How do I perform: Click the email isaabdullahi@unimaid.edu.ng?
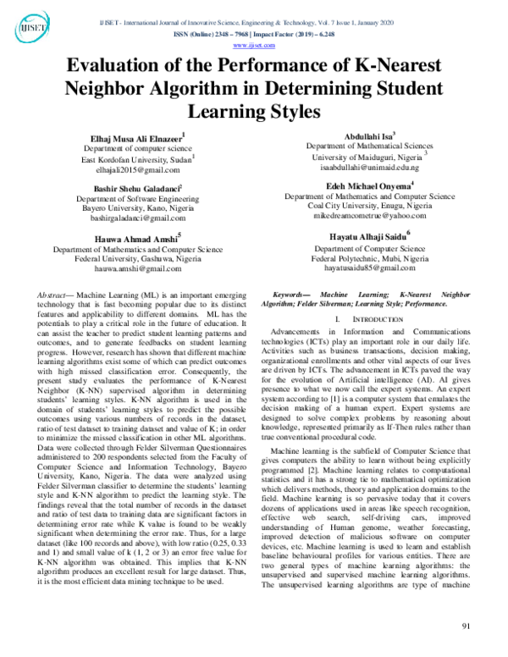[370, 168]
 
